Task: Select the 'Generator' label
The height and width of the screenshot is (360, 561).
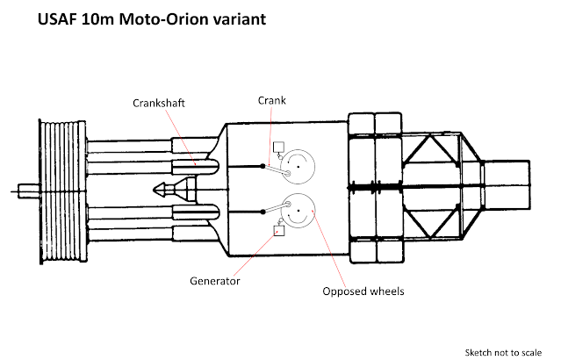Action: [215, 281]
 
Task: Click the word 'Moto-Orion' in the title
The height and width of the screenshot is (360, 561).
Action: [145, 18]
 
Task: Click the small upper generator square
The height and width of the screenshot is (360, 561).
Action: [279, 146]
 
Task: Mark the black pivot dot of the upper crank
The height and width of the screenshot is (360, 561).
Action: [263, 165]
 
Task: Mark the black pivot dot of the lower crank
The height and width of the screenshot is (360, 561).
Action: [263, 212]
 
